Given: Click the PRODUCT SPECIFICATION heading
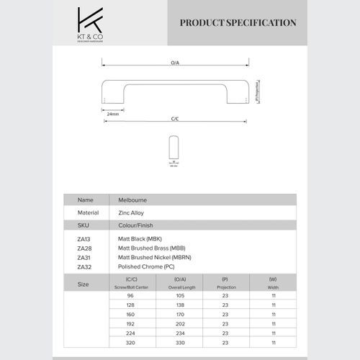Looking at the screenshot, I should pos(238,23).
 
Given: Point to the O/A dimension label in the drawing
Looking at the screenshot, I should pos(175,64).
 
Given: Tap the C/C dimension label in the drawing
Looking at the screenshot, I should pos(175,118).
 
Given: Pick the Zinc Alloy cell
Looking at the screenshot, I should pos(132,213).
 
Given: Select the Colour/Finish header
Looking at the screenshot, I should pos(135,225).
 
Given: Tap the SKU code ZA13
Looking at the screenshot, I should pos(84,238).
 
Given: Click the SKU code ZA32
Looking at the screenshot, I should pos(84,266).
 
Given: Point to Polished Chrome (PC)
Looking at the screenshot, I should pos(146,266).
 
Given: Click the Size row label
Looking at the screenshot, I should pos(84,284).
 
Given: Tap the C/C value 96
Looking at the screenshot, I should pos(131,295).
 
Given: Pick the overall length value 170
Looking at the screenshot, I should pos(181,314).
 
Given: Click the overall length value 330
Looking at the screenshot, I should pos(181,342).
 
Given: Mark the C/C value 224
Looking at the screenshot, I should pos(131,333).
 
